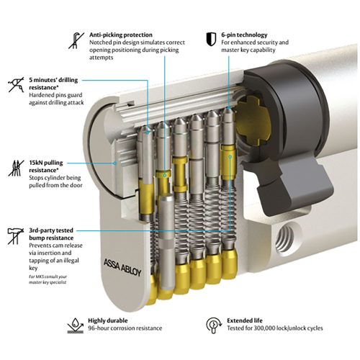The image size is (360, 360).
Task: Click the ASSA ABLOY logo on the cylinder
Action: click(122, 267)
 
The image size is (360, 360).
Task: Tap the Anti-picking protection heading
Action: click(121, 35)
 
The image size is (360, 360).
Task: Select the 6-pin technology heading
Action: click(244, 35)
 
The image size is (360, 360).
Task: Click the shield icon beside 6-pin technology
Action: click(211, 39)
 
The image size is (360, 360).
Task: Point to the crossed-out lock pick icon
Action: click(76, 40)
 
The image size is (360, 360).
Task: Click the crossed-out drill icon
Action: click(17, 84)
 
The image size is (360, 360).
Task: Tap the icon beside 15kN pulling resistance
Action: click(16, 168)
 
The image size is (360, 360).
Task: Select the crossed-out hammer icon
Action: click(16, 236)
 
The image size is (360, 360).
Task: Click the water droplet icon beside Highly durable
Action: click(76, 325)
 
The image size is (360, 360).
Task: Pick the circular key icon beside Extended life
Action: click(214, 325)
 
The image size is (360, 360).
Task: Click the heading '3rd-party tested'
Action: click(51, 230)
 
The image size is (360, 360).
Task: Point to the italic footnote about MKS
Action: click(48, 279)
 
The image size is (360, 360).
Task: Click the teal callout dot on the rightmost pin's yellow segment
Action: click(230, 157)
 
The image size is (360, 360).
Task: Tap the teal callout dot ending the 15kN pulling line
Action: click(115, 163)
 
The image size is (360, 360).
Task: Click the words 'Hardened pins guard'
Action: click(55, 95)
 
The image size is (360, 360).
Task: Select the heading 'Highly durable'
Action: click(108, 320)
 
